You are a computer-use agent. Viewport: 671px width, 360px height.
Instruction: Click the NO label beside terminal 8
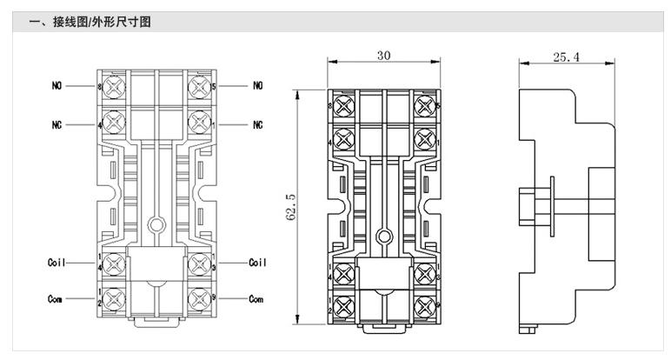(x=55, y=86)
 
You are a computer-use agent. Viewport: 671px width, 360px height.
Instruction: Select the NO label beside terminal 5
(x=258, y=86)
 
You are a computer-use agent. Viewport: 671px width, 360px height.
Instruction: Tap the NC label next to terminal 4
(x=55, y=123)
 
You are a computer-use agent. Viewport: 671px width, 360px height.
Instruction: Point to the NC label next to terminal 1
(x=258, y=123)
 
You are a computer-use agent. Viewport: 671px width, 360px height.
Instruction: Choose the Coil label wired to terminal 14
(x=57, y=262)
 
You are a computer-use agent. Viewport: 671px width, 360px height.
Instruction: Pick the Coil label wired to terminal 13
(x=258, y=262)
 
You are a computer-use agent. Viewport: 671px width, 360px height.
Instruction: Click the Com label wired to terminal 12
(x=55, y=298)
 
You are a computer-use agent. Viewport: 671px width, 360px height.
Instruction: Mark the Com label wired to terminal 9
(x=256, y=298)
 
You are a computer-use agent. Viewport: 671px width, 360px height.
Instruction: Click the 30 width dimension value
(x=383, y=55)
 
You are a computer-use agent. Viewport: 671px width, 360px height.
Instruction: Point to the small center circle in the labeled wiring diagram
(x=156, y=223)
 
